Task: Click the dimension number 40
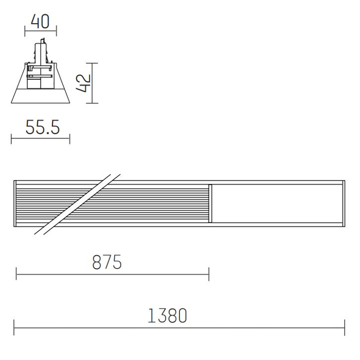40,22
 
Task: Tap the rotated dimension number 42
83,83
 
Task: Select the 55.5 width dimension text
43,127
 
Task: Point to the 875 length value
107,262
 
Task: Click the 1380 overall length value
167,316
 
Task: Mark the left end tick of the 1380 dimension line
14,328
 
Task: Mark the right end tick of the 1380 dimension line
345,328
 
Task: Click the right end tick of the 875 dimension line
209,274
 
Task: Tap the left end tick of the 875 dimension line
16,274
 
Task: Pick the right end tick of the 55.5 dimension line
69,139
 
